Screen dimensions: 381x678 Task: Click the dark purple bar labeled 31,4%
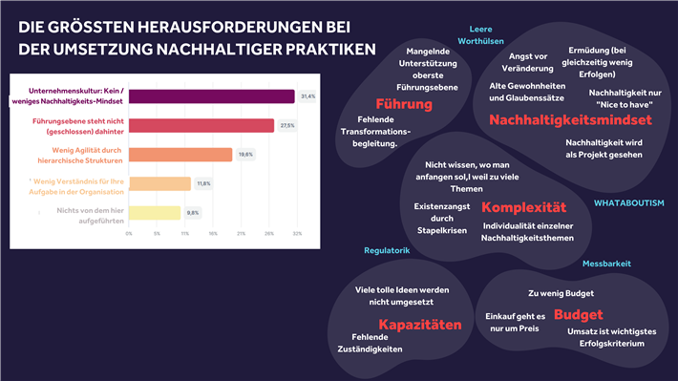[x=211, y=95]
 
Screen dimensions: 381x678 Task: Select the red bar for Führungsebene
[x=201, y=125]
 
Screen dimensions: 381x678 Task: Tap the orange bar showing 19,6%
[x=180, y=155]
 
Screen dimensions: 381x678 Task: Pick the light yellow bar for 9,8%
[x=155, y=212]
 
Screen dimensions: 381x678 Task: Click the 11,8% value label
[x=203, y=183]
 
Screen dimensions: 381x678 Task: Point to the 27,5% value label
[x=287, y=125]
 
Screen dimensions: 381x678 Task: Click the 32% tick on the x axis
[x=297, y=232]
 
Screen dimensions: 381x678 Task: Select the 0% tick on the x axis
[x=129, y=232]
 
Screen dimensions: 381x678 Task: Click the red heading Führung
[x=404, y=103]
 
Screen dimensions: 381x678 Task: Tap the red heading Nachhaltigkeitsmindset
[x=570, y=120]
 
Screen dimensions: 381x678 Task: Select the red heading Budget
[x=578, y=314]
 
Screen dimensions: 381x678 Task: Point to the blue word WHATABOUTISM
[x=628, y=203]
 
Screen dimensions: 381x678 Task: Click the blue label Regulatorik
[x=387, y=250]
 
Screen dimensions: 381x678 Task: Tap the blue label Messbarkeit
[x=605, y=263]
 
